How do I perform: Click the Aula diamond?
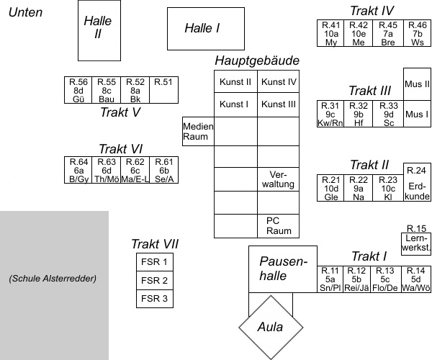coord(272,327)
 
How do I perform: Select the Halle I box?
coord(202,27)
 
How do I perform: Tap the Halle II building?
coord(94,30)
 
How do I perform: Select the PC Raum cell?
coord(279,225)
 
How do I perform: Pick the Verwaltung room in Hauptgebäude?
coord(279,179)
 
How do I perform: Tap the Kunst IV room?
coord(279,82)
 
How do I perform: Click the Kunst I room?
coord(235,104)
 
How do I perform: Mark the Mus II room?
coord(417,84)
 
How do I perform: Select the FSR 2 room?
coord(154,280)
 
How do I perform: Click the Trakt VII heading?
coord(154,243)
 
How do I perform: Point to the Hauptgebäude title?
coord(256,60)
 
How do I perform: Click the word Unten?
coord(24,12)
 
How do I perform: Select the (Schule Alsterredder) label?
coord(53,278)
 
